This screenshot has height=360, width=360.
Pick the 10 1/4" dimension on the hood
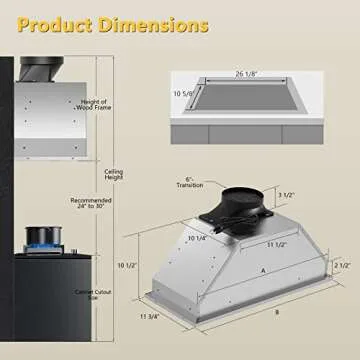tap(196, 238)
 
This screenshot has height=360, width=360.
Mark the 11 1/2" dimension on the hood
tap(259, 246)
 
